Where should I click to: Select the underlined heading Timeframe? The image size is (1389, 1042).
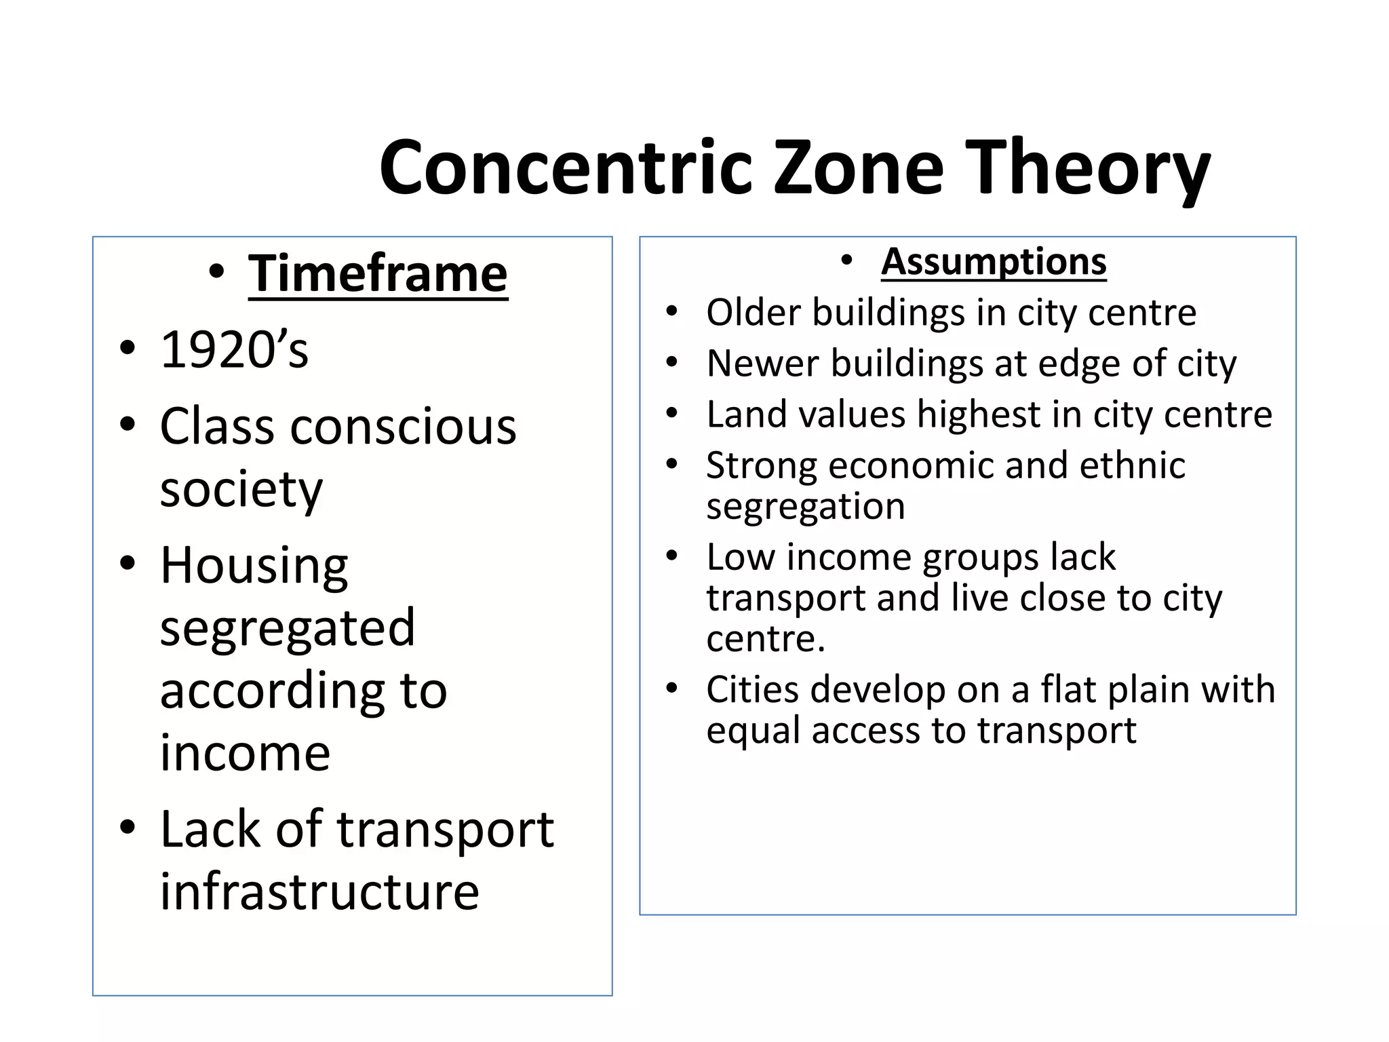pyautogui.click(x=378, y=273)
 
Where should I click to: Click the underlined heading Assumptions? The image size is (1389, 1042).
pyautogui.click(x=994, y=261)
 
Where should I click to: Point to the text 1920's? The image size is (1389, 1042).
pyautogui.click(x=234, y=350)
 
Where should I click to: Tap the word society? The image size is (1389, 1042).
pyautogui.click(x=241, y=489)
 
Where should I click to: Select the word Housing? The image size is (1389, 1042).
pyautogui.click(x=254, y=565)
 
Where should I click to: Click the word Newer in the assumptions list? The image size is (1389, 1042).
pyautogui.click(x=762, y=364)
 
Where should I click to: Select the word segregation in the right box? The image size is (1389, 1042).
pyautogui.click(x=805, y=506)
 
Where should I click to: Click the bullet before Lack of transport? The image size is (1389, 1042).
pyautogui.click(x=127, y=828)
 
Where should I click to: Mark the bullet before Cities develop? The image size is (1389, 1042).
pyautogui.click(x=671, y=689)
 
